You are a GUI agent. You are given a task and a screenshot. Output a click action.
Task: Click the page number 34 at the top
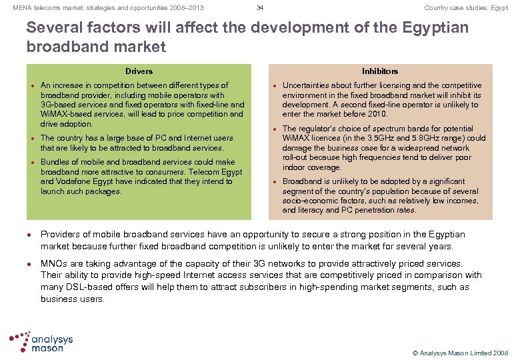click(x=260, y=8)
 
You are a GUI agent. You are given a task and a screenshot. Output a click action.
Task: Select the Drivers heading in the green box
click(x=139, y=71)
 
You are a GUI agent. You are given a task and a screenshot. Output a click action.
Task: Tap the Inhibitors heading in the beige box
click(x=380, y=71)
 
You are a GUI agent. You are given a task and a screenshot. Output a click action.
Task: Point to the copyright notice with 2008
click(x=460, y=353)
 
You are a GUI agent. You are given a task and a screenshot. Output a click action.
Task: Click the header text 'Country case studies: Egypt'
click(x=466, y=8)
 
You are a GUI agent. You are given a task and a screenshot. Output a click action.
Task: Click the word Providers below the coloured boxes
click(x=61, y=235)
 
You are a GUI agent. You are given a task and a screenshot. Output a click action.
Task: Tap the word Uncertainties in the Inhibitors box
click(x=308, y=85)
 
